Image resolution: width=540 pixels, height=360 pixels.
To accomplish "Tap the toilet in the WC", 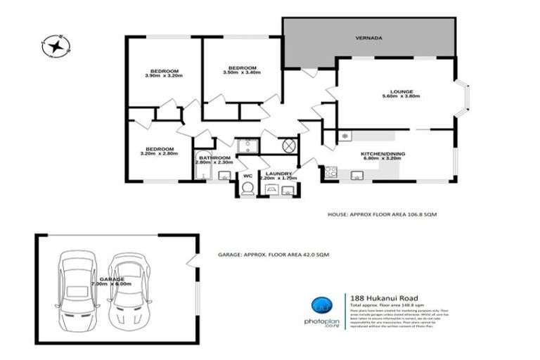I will pyautogui.click(x=247, y=189).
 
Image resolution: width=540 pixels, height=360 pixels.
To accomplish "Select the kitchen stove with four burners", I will pyautogui.click(x=330, y=171).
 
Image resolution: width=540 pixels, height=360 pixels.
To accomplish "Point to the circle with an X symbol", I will pyautogui.click(x=288, y=147).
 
